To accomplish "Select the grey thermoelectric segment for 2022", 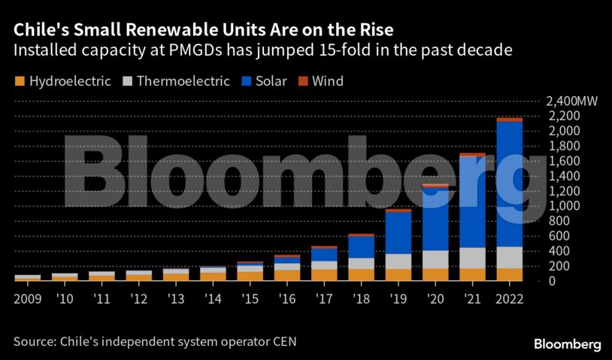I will [x=510, y=257].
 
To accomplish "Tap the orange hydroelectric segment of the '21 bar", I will [x=472, y=274].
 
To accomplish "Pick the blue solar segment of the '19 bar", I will [x=398, y=233].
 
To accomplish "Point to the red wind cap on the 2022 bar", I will [x=510, y=119].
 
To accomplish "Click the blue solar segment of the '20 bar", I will [x=435, y=218].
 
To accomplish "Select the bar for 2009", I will [x=27, y=278].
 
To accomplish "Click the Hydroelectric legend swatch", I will [x=20, y=81].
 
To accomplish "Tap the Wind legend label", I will [x=327, y=81].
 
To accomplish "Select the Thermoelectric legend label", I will [x=183, y=81].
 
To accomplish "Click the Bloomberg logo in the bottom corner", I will [x=567, y=343].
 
